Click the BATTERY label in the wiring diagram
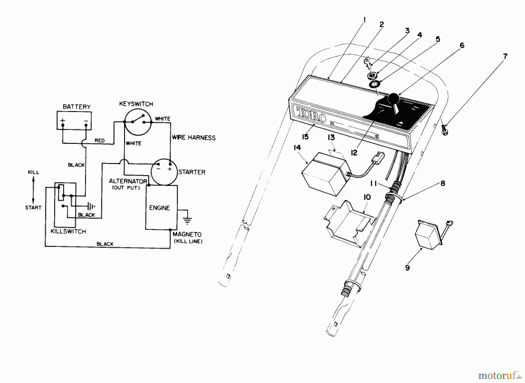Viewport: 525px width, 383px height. click(x=76, y=107)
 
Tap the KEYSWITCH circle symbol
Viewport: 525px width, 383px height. click(x=138, y=122)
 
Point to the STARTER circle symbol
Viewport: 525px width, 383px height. click(x=164, y=172)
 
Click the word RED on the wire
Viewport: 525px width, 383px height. click(x=99, y=141)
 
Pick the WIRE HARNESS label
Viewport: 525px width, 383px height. click(x=194, y=138)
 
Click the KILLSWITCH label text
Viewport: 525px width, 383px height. click(x=68, y=231)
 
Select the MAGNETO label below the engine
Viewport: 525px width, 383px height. click(x=187, y=234)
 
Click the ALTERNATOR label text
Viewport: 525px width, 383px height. click(x=128, y=181)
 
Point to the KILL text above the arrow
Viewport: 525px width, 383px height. click(x=33, y=172)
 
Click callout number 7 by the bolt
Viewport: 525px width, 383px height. click(x=505, y=56)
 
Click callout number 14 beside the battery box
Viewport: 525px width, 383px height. click(x=297, y=148)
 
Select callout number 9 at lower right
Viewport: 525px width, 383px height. click(x=407, y=267)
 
